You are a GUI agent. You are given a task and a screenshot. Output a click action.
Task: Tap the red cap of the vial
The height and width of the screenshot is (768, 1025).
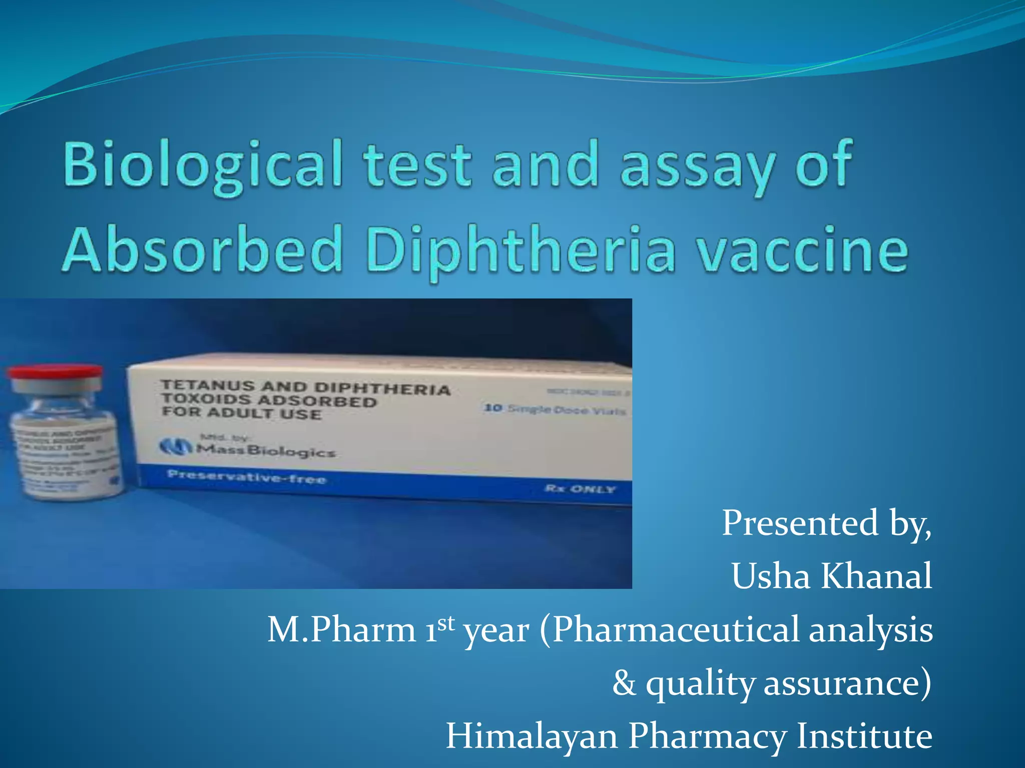point(54,373)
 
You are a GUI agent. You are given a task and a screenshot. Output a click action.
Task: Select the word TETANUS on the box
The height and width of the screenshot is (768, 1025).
point(208,385)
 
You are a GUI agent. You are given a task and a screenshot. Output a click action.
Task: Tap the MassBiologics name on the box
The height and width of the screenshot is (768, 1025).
point(265,450)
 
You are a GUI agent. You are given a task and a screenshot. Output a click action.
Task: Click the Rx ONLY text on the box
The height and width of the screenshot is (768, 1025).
point(580,488)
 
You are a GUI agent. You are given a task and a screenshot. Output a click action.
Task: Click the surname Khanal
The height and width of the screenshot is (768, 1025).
point(876,576)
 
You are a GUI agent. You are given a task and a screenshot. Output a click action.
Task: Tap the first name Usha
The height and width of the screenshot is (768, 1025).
point(771,576)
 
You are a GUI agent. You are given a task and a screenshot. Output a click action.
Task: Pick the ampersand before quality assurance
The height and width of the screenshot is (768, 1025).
point(624,683)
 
